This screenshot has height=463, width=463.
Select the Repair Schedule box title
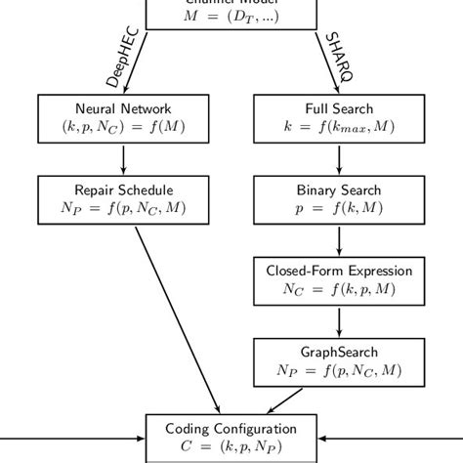tap(122, 188)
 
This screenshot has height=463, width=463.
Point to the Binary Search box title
tap(339, 188)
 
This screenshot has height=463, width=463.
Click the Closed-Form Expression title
tap(339, 270)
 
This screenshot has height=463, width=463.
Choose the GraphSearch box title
tap(339, 351)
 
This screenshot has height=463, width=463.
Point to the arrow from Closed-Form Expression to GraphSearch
tap(339, 319)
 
